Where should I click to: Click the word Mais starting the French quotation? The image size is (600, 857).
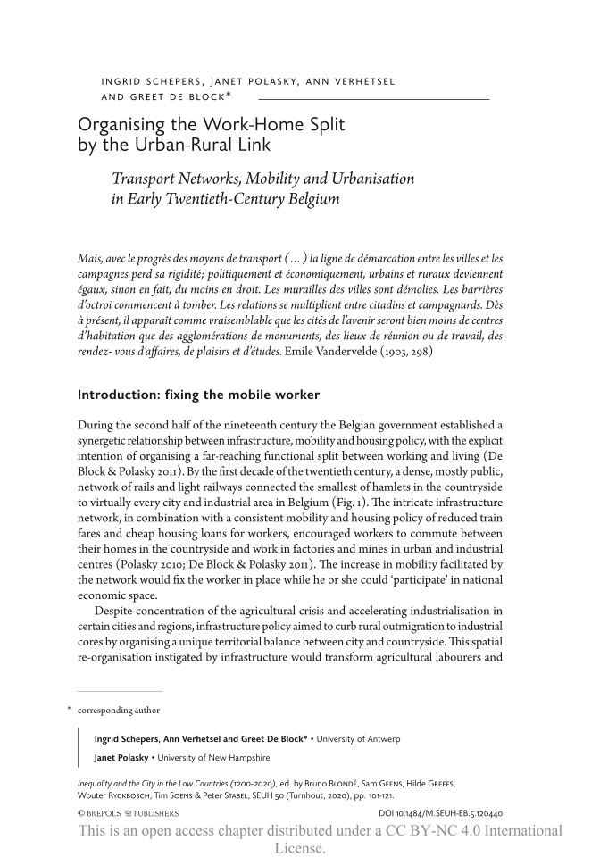(90, 258)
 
